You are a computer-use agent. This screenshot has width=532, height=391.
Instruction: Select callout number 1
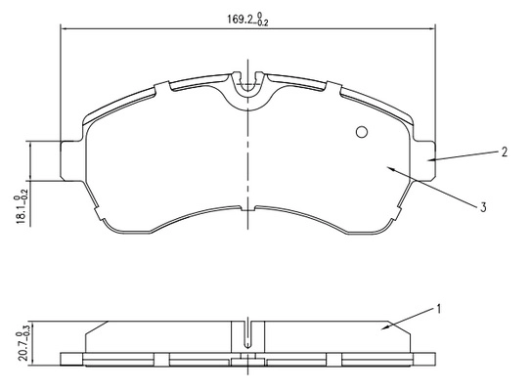point(438,309)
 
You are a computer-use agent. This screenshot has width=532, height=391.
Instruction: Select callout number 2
point(505,152)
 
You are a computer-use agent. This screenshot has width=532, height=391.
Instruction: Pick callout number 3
point(483,206)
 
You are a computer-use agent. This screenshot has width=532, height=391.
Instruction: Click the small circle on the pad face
point(362,132)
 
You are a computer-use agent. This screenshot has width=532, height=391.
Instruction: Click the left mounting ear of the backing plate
point(71,159)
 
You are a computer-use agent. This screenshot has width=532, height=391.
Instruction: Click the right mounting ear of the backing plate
point(423,159)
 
